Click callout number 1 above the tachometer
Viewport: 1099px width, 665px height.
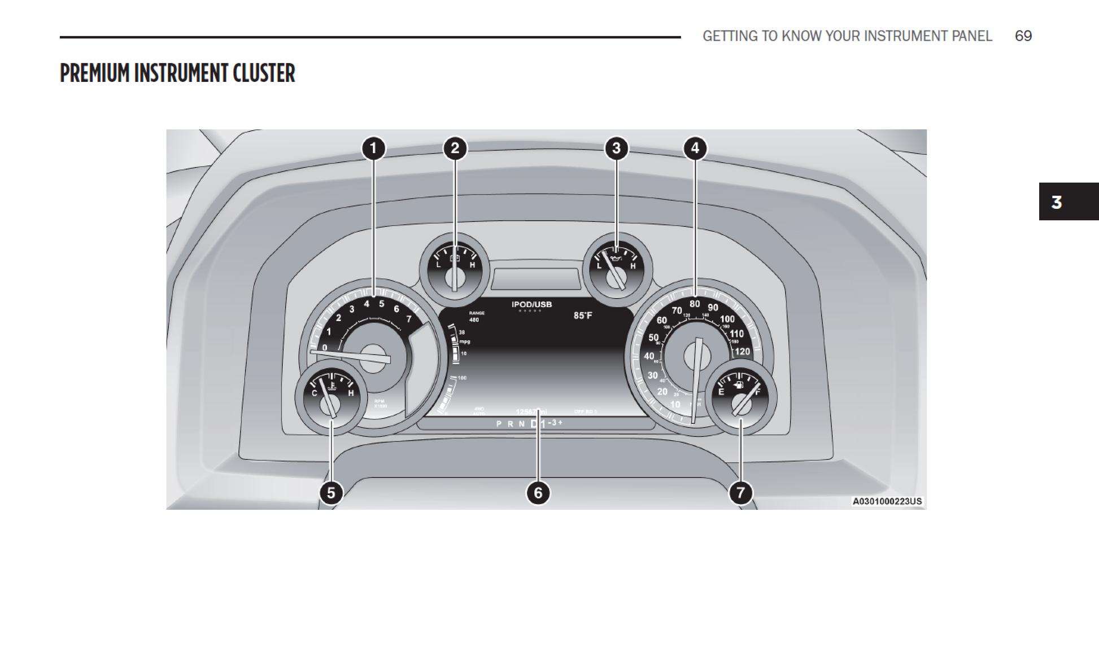[x=373, y=148]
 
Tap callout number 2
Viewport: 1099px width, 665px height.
[x=455, y=148]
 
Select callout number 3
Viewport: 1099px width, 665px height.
[x=616, y=148]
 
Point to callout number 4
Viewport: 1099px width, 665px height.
[x=695, y=148]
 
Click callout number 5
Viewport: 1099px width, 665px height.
[x=331, y=493]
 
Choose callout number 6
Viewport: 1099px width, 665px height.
[x=538, y=493]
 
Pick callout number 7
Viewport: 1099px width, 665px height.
[x=740, y=493]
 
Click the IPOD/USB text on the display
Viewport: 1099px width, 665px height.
[x=531, y=305]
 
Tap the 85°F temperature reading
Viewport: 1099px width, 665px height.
[x=583, y=316]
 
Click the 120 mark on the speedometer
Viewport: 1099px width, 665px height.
[x=742, y=351]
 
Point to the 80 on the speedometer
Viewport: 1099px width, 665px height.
[x=695, y=304]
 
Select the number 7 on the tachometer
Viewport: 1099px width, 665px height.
[x=409, y=319]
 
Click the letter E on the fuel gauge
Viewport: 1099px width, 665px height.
[x=721, y=392]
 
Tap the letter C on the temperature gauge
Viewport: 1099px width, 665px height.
[x=315, y=393]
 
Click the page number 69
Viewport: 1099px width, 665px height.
[x=1023, y=36]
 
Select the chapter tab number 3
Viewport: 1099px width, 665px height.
[x=1057, y=202]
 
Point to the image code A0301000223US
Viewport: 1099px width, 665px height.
[x=887, y=501]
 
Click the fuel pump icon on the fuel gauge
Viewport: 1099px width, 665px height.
[x=738, y=386]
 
